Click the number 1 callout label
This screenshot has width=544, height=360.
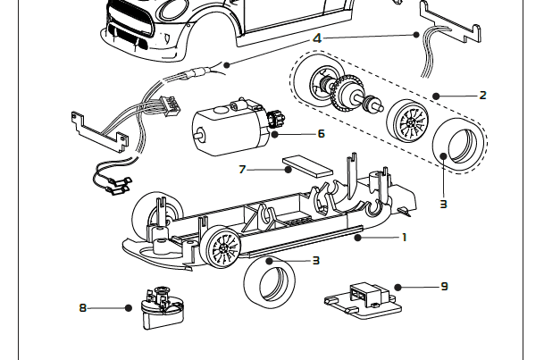[404, 238]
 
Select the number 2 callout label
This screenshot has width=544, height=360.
[483, 95]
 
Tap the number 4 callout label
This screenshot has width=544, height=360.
[317, 38]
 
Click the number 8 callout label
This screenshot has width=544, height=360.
[83, 308]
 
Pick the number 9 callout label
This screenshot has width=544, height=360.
[444, 287]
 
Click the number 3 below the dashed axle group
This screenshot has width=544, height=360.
[443, 204]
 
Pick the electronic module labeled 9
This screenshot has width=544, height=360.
[362, 296]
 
